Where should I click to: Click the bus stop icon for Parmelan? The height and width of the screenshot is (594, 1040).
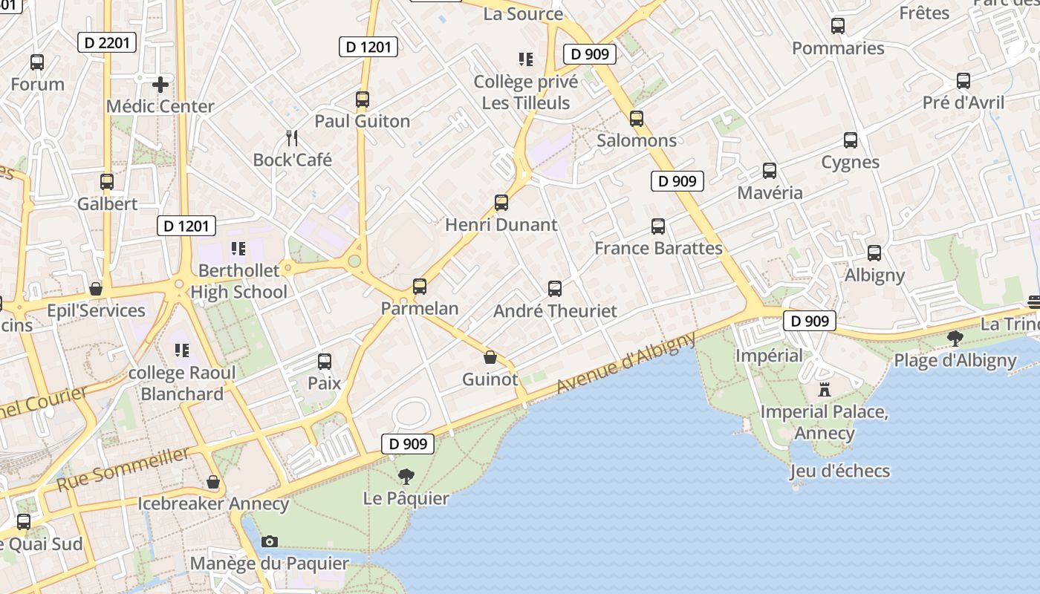pos(420,287)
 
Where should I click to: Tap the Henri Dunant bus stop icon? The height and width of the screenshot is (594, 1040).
pos(501,203)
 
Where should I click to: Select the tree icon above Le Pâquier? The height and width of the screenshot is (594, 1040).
pos(406,476)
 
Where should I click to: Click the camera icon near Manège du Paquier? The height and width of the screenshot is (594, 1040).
pos(270,541)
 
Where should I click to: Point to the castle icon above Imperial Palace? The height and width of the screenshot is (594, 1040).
pos(824,389)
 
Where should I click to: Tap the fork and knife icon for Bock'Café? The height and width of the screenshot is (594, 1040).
pos(293,137)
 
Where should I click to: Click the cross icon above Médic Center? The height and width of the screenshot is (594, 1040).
pos(160,85)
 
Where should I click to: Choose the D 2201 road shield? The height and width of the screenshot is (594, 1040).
pos(108,42)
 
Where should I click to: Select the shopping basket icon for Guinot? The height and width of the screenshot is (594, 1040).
pos(490,357)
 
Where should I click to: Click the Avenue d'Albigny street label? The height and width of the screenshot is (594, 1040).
pos(625,362)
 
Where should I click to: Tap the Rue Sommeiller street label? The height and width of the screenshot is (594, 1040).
pos(123,469)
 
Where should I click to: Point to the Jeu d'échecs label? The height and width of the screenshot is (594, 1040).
pos(839,471)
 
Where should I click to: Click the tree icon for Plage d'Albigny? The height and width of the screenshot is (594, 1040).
pos(955,339)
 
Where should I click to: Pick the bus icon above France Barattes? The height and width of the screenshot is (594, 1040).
pos(658,226)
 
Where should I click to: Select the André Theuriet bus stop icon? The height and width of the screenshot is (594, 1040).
pos(555,289)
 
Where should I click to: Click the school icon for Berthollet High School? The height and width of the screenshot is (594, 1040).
pos(238,248)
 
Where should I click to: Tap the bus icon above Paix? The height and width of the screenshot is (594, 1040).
pos(325,362)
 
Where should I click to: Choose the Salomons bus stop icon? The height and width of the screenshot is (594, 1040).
pos(637,119)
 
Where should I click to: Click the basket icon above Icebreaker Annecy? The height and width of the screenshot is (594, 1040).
pos(213,483)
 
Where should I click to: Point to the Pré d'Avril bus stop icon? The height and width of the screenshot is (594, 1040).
pos(963,81)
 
